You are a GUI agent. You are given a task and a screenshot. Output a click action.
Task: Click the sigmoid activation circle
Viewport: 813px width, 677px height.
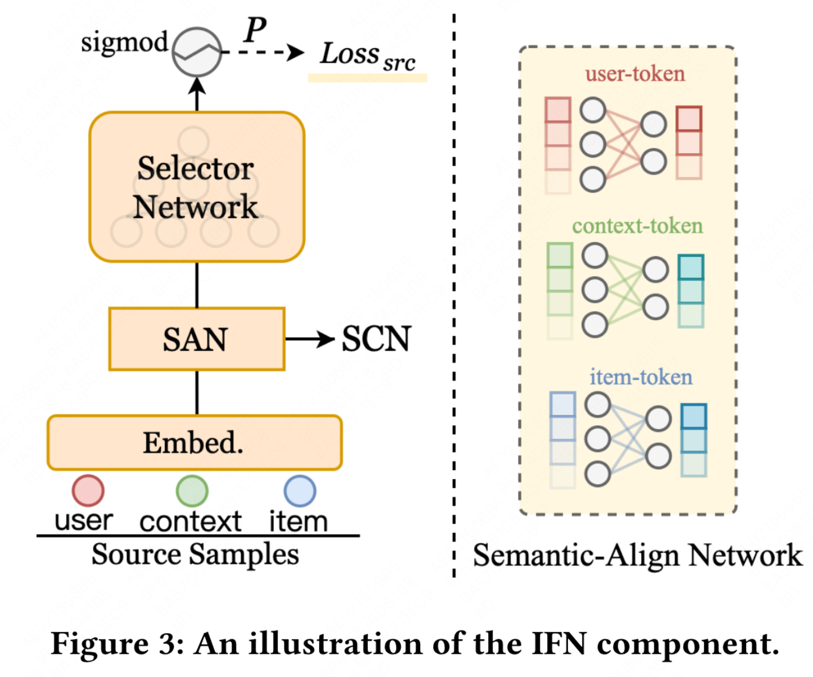(x=197, y=52)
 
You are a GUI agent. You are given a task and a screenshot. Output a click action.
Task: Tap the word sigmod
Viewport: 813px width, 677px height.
(x=124, y=43)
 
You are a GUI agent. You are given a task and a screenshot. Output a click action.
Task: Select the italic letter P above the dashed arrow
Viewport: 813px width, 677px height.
(x=255, y=29)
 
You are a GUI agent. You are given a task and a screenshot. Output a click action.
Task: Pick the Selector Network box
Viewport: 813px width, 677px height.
(x=197, y=187)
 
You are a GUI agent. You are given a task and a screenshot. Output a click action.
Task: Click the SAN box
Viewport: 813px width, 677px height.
(x=197, y=339)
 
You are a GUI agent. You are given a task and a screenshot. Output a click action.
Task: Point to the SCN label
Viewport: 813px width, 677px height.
(x=376, y=339)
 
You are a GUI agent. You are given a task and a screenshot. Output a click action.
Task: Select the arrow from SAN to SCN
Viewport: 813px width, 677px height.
(x=310, y=339)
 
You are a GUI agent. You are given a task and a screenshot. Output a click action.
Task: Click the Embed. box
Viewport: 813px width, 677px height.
(x=194, y=443)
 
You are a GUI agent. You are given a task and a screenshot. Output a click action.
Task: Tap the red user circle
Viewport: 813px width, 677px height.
(x=88, y=490)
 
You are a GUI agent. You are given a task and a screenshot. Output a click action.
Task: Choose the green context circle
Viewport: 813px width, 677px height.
(x=192, y=491)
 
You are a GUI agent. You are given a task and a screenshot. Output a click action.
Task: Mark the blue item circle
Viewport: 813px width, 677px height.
(x=299, y=491)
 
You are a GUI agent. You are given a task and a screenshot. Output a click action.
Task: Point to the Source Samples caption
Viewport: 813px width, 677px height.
(x=195, y=554)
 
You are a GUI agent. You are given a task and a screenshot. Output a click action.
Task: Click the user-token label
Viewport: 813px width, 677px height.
(x=635, y=74)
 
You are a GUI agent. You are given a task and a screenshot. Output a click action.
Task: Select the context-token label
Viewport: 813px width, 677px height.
(x=637, y=226)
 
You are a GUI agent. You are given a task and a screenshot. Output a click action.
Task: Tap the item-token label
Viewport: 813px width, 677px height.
(x=641, y=377)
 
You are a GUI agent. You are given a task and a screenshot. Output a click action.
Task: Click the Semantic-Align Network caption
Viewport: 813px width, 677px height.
(x=637, y=555)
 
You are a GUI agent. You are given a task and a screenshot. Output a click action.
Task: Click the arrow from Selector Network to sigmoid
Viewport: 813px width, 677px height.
(x=197, y=94)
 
